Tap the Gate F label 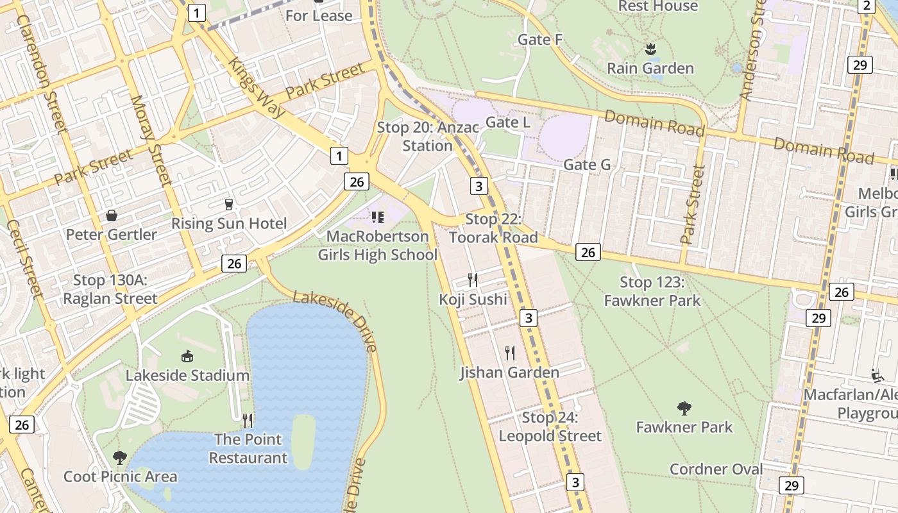click(540, 40)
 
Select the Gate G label click(587, 165)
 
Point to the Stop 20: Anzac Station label click(427, 136)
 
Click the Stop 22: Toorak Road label click(493, 228)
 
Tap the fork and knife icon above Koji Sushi click(473, 280)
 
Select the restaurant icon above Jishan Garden click(510, 353)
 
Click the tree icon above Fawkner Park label click(684, 408)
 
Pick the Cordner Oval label click(716, 469)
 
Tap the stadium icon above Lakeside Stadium click(187, 356)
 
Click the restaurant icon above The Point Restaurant click(248, 420)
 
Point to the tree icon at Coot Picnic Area click(119, 457)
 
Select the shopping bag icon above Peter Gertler click(111, 215)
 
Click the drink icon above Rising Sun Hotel click(228, 205)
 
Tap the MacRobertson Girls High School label click(378, 246)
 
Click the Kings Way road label click(257, 88)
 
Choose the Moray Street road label click(151, 140)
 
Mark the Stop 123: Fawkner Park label click(652, 291)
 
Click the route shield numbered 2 click(867, 6)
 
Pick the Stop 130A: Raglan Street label click(110, 289)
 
